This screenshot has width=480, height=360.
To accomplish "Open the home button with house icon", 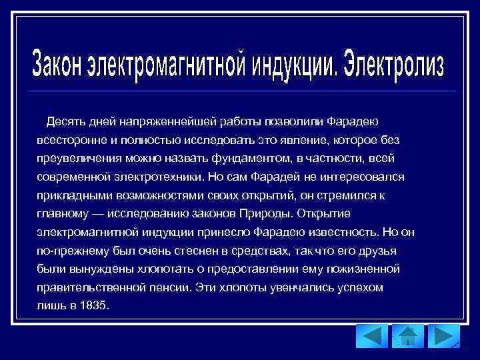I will coord(407,336).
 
